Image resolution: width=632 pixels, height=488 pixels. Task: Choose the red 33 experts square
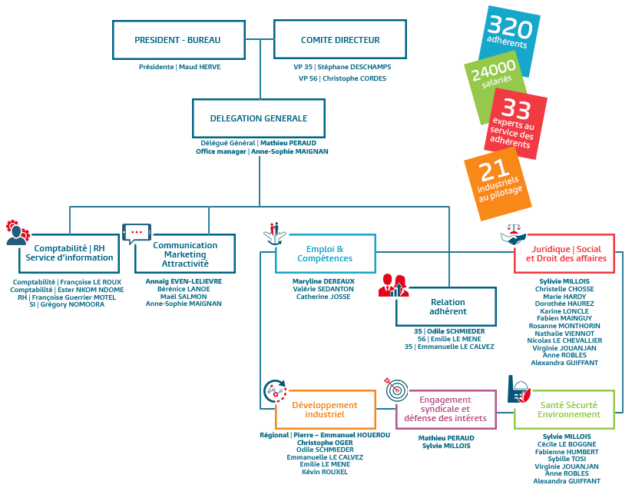[515, 124]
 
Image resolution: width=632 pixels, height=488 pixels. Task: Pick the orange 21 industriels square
[498, 184]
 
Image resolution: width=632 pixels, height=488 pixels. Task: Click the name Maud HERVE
[200, 67]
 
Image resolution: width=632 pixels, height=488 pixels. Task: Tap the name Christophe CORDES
[354, 78]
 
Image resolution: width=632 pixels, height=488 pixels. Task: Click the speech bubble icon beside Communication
[137, 234]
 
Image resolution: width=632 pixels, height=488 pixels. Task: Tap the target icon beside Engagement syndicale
[396, 390]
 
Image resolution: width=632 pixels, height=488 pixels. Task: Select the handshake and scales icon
[513, 234]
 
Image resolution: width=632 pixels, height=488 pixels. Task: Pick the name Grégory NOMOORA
[72, 304]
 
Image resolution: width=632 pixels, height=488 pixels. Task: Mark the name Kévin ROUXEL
[325, 472]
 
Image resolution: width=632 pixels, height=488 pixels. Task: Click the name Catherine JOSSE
[323, 297]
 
